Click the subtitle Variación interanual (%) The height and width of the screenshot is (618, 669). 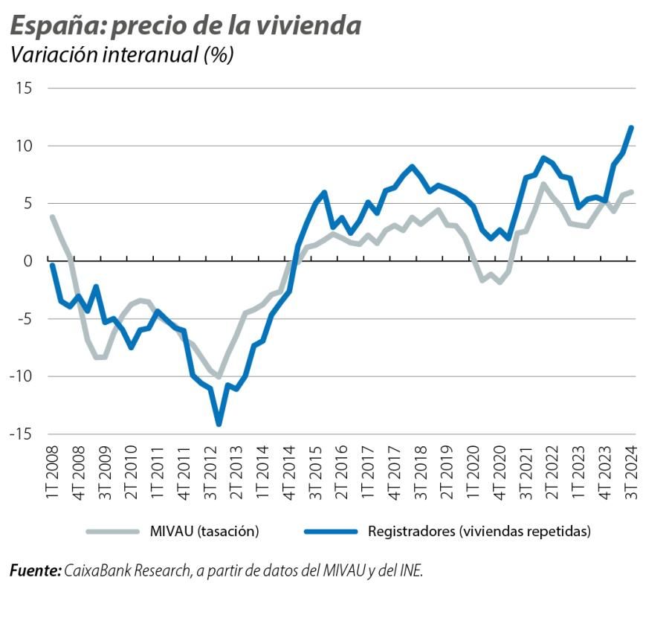click(121, 55)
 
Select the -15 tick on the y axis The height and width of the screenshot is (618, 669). click(21, 434)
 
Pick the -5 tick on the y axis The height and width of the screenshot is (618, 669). click(24, 318)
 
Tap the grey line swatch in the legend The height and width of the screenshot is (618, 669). click(112, 531)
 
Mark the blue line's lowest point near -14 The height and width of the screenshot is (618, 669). click(219, 423)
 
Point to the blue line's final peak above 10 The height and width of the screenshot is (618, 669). click(631, 127)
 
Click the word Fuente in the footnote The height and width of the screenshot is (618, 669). click(34, 571)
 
